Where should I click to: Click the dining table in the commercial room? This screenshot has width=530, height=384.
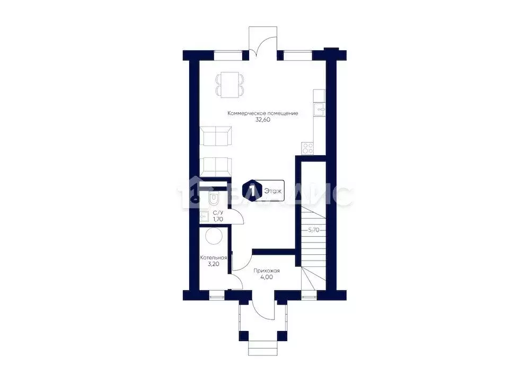pos(230,85)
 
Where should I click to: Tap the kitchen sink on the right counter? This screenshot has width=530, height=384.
pos(321,110)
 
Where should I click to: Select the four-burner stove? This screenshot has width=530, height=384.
pos(308,147)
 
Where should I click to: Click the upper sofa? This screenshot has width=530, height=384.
pos(216,137)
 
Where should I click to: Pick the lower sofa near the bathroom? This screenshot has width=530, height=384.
pos(216,166)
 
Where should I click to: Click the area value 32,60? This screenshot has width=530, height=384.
pos(263,120)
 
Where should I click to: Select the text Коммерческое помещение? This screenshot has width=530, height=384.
pos(263,113)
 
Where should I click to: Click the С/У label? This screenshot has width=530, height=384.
pos(217,212)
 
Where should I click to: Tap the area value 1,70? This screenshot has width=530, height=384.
pos(217,218)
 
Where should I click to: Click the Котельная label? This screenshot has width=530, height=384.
pos(214,258)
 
